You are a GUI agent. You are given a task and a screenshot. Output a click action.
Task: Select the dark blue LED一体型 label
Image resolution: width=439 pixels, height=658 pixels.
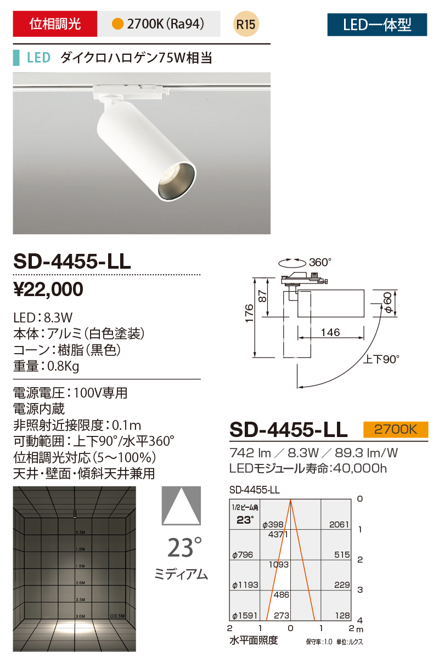[376, 24]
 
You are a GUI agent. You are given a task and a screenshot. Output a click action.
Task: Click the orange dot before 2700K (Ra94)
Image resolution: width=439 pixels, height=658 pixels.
[116, 24]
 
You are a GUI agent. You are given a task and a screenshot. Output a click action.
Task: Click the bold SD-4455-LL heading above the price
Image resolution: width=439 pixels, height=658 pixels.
[72, 261]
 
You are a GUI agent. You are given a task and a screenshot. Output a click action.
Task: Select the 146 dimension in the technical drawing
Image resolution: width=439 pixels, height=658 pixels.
[331, 332]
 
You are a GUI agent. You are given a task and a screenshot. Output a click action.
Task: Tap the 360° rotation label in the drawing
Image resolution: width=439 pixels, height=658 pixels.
[320, 262]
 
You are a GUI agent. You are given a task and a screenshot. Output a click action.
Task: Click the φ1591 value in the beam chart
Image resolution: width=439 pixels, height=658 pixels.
[245, 616]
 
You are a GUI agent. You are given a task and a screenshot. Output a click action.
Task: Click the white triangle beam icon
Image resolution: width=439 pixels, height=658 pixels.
[180, 506]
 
